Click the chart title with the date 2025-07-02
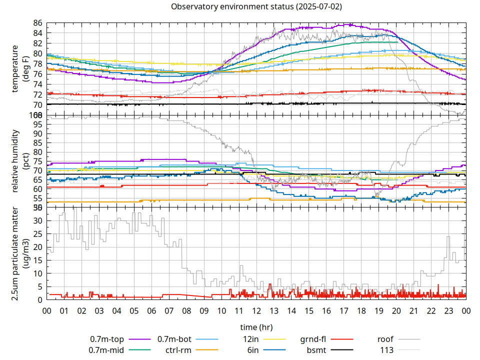tap(256, 7)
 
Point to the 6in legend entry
tap(252, 350)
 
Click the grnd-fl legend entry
tap(313, 339)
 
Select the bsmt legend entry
tap(316, 350)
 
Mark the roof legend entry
tap(385, 339)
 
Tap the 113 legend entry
tap(387, 350)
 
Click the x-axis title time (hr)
tap(256, 327)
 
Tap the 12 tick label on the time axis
tap(256, 310)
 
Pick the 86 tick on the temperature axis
tap(37, 23)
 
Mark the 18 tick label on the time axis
tap(361, 310)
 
